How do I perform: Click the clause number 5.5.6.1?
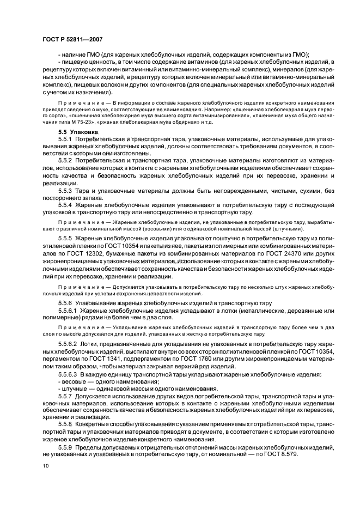[x=70, y=310]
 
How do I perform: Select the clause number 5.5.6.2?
[x=70, y=345]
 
